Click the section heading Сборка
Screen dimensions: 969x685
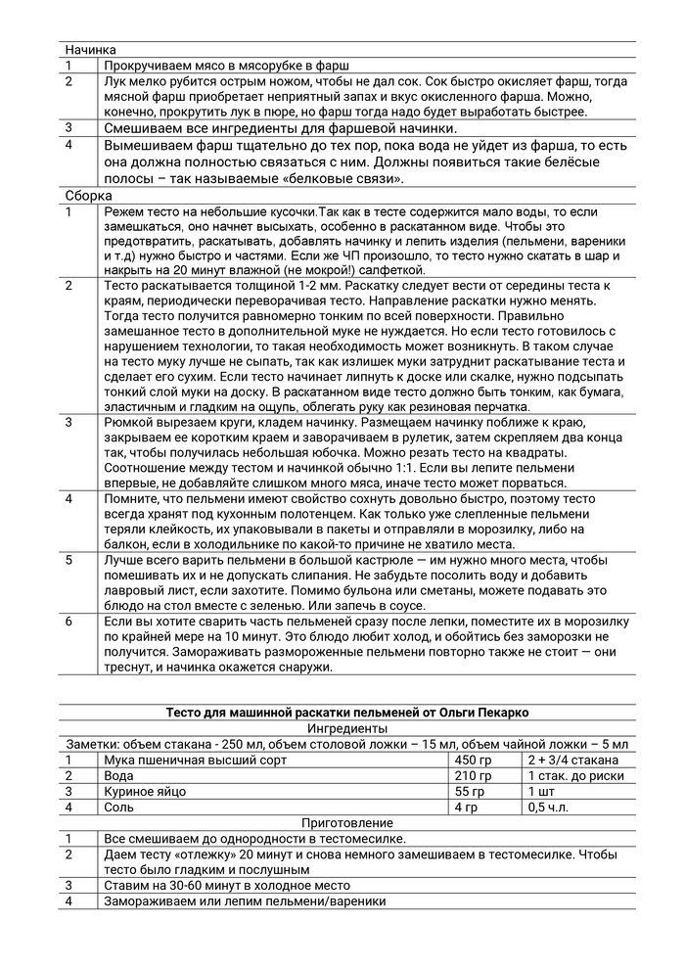pyautogui.click(x=87, y=196)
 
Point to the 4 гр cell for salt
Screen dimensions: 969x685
pyautogui.click(x=469, y=807)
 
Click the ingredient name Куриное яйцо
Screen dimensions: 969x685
pyautogui.click(x=145, y=791)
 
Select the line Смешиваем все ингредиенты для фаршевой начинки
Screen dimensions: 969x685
pyautogui.click(x=280, y=128)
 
